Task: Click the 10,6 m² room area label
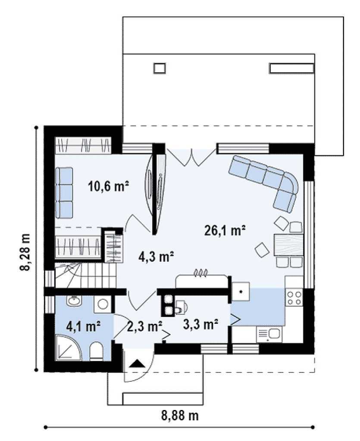109,186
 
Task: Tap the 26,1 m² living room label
225,230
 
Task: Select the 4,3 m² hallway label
156,256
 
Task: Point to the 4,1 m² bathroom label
84,327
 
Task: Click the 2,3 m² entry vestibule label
145,326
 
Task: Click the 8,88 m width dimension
180,416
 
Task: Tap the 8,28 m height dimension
25,252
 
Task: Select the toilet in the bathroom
96,351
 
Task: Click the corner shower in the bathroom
68,348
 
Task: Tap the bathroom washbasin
74,301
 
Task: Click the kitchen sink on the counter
269,335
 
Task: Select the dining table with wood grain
289,245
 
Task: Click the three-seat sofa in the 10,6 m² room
64,193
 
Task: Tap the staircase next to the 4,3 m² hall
85,275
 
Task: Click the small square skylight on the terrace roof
160,68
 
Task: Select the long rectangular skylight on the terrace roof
291,68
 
